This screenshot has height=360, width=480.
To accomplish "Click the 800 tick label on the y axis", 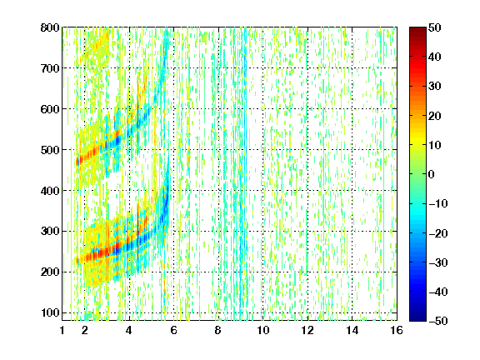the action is point(50,27).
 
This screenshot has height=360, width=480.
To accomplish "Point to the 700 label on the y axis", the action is point(50,68).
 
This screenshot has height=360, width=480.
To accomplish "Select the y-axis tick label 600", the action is point(50,109).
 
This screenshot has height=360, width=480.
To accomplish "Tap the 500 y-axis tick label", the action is point(50,150).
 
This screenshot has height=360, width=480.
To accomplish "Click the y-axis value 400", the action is point(50,191).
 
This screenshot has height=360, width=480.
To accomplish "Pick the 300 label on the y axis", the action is point(50,231).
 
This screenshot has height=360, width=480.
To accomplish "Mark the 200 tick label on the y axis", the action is point(50,272).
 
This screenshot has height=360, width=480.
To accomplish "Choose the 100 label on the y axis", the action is point(50,312).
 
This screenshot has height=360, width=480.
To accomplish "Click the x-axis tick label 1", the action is point(62,330).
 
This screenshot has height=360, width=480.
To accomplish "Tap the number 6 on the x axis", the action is point(174,330).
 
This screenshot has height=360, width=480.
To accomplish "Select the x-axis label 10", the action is point(263,330).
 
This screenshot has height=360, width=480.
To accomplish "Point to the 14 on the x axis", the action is point(352,330).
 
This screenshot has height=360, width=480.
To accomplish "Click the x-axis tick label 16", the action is point(397,330).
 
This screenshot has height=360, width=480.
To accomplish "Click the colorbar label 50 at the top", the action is point(435,27).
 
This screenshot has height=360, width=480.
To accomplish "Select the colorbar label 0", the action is point(432,174).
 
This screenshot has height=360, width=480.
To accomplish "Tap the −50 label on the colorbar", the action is point(438,321).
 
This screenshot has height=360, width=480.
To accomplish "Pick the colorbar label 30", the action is point(435,87).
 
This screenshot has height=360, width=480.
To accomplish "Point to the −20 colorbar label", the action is point(438,233).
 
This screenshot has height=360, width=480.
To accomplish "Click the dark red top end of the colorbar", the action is point(417,29).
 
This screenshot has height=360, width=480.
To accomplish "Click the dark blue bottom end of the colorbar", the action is point(417,319).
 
